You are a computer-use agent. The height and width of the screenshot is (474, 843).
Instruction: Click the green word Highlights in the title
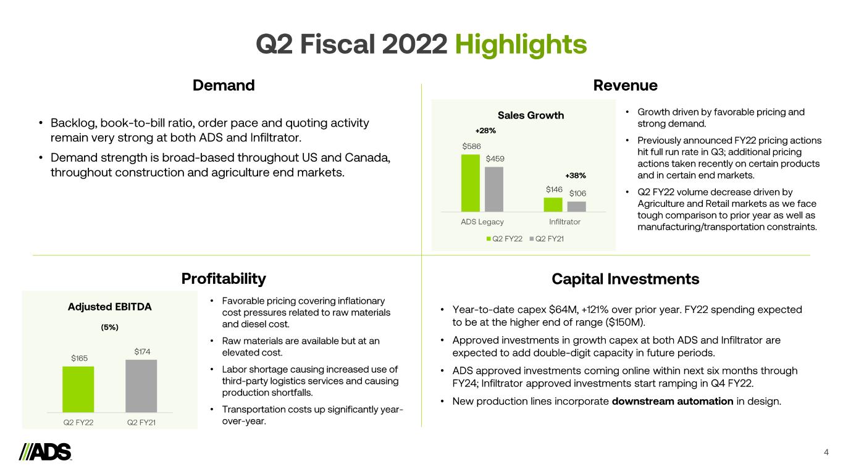(x=521, y=45)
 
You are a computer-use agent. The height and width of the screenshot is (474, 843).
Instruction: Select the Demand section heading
(x=224, y=85)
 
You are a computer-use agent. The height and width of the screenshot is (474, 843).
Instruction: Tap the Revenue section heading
(x=625, y=85)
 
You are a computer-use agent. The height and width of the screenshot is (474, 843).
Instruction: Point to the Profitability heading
(x=224, y=279)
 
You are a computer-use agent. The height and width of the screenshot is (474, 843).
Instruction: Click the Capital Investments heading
(x=625, y=279)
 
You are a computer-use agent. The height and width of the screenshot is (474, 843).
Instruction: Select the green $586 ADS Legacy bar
(x=471, y=183)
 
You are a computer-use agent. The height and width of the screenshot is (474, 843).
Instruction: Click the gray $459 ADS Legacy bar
(x=494, y=189)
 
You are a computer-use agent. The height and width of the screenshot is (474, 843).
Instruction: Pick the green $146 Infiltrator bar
(x=553, y=205)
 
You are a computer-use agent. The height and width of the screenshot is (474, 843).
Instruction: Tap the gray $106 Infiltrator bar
(x=577, y=207)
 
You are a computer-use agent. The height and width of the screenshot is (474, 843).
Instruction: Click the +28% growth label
(x=485, y=131)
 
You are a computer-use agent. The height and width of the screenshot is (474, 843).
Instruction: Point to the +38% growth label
(x=576, y=176)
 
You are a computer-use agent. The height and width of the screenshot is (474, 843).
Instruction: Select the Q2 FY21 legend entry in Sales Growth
(x=547, y=239)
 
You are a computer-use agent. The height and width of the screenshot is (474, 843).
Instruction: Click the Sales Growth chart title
(x=531, y=115)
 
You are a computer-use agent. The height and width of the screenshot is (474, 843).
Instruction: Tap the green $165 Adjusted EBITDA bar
(x=78, y=389)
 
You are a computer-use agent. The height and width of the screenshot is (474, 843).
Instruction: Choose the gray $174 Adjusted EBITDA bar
(x=141, y=386)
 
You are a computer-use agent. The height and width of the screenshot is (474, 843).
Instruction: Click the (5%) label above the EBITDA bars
(x=109, y=327)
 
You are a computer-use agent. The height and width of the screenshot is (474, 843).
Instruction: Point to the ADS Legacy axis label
(x=482, y=222)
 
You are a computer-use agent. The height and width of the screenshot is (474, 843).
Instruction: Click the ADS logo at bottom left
(x=45, y=452)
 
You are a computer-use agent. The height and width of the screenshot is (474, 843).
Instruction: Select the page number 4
(x=826, y=452)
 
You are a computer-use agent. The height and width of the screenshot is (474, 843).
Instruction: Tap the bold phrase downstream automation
(x=673, y=401)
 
